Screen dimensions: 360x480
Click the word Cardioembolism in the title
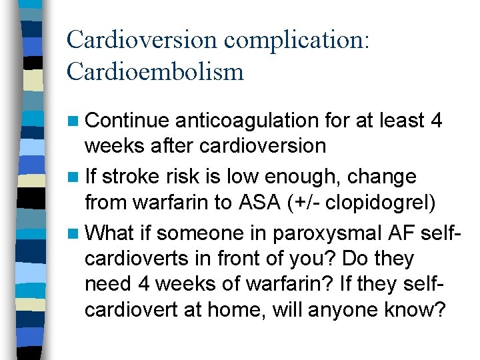pyautogui.click(x=155, y=71)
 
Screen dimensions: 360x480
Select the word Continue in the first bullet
pyautogui.click(x=127, y=121)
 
